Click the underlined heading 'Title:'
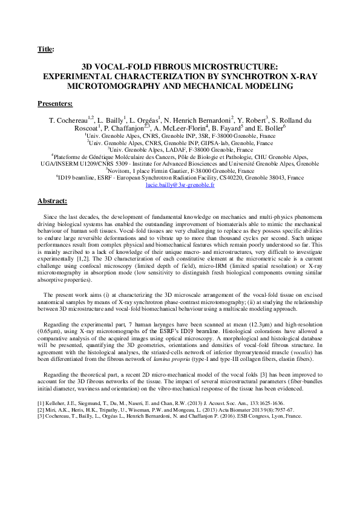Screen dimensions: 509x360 click(45, 49)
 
